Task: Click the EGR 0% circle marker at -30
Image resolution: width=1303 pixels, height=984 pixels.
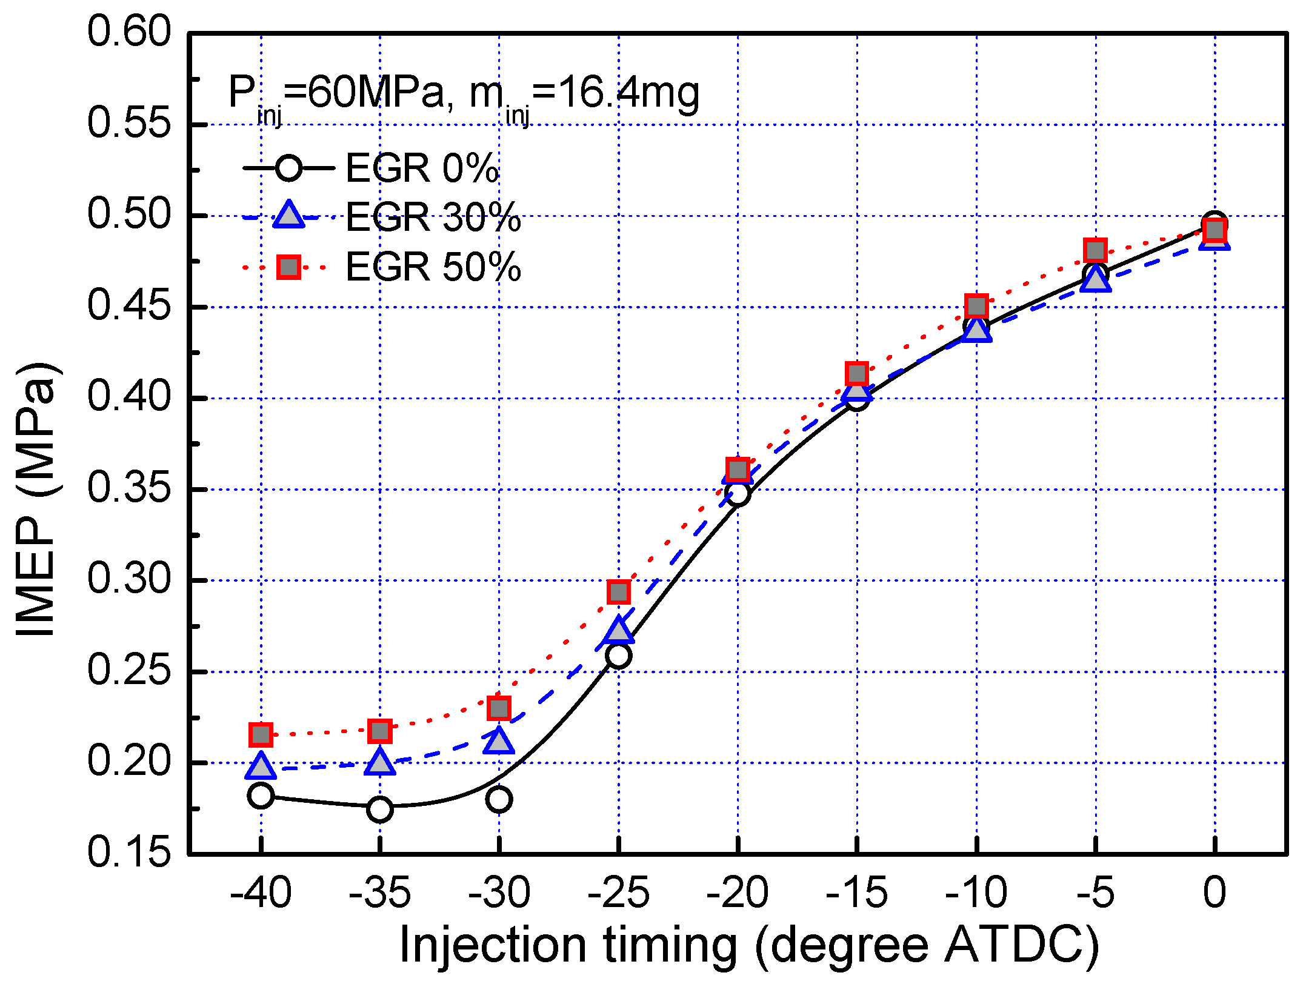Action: tap(499, 799)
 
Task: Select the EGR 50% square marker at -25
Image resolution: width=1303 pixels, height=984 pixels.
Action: tap(618, 592)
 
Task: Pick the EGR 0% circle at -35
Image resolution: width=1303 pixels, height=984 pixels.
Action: tap(380, 809)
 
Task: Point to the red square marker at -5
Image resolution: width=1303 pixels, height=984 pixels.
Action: tap(1095, 250)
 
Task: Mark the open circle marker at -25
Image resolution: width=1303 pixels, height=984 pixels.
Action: tap(618, 656)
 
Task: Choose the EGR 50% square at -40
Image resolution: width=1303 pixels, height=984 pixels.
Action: tap(261, 735)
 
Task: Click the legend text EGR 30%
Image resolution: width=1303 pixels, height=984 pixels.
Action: tap(433, 217)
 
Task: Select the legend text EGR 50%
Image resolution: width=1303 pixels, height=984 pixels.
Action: tap(433, 267)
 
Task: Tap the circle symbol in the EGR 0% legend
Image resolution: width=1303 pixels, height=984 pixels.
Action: tap(288, 168)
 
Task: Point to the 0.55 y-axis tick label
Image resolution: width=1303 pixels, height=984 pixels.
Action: tap(129, 123)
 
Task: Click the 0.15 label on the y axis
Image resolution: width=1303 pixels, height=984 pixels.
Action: tap(129, 852)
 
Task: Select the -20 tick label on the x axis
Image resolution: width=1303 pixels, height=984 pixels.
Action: tap(737, 893)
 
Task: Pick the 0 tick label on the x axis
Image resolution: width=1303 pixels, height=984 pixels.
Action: tap(1215, 893)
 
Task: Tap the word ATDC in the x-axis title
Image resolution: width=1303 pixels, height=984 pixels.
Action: tap(1015, 945)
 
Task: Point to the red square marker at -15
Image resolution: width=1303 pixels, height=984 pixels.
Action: tap(856, 374)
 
